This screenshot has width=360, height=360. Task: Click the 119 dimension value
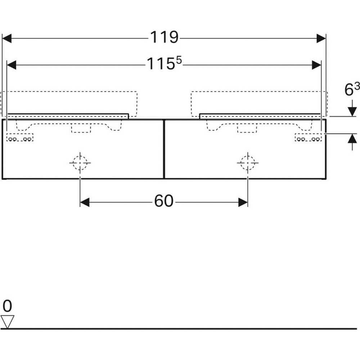coord(164,37)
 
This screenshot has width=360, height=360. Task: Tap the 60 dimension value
coord(164,202)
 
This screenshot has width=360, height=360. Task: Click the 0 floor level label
coord(7,306)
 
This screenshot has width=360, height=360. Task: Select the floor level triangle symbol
coord(7,321)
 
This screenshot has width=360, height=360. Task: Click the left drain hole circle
coord(80,163)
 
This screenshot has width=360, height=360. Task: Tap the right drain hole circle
coord(247,163)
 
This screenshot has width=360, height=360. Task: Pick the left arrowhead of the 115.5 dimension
coord(12,65)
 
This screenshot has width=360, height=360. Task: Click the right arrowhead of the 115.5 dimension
coord(316,65)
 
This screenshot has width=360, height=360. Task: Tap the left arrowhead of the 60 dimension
coord(85,203)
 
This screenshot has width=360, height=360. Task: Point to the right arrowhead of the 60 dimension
coord(243,203)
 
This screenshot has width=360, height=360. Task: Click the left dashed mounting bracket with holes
coord(20,138)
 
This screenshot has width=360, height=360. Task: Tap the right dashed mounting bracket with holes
coord(308,138)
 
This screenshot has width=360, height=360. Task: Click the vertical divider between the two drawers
coord(164,149)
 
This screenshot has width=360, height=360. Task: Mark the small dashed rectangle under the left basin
coord(81,129)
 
